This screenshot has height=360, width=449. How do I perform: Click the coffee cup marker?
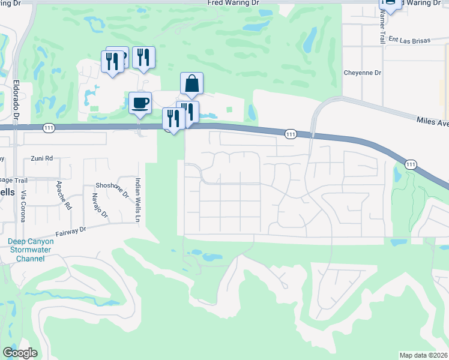coord(140,103)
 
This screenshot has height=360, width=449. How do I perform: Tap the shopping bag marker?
coord(191,84)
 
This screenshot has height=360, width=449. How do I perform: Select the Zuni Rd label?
coord(42,158)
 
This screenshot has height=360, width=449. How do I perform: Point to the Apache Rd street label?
coord(68,195)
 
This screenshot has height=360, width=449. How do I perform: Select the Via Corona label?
coord(23,206)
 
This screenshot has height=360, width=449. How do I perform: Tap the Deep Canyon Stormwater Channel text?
coord(26,250)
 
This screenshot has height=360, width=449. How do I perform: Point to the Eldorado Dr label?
coord(16,100)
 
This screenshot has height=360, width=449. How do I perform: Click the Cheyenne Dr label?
coord(363,73)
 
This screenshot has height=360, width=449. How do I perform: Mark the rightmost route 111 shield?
coord(411,164)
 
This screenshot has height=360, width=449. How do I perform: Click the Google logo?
coord(20,353)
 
